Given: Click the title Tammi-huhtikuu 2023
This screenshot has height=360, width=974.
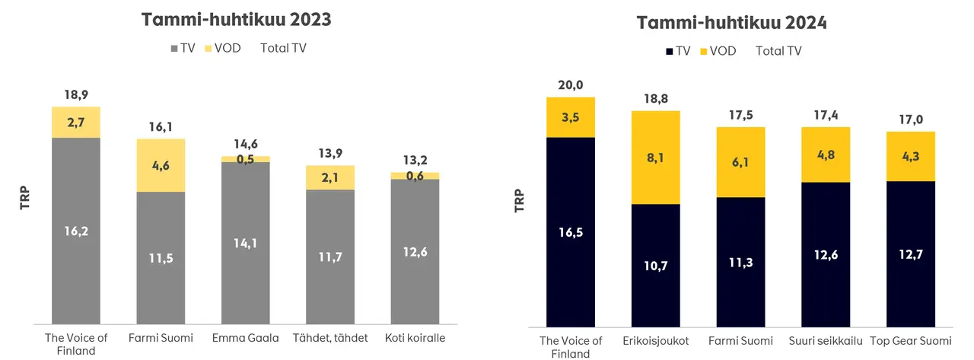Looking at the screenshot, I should tap(236, 20).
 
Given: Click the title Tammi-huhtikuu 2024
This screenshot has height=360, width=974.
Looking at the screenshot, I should tap(732, 23).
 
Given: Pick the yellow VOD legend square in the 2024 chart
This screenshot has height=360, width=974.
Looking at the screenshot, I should tap(704, 51).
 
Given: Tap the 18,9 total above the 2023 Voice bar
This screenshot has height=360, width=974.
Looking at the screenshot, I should tap(75, 94).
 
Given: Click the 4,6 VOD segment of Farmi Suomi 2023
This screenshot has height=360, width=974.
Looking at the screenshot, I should tap(161, 165).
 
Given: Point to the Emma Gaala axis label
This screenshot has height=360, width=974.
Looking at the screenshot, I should tap(246, 337).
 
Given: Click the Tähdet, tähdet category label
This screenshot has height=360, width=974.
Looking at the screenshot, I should tap(330, 337).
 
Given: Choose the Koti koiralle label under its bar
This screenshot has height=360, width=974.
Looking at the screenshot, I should tap(415, 337).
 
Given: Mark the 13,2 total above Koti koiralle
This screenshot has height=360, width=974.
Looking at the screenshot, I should tap(415, 160).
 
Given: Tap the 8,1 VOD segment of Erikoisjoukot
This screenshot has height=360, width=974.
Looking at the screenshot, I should tap(655, 158).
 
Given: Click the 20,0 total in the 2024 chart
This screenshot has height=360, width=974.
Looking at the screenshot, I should tap(571, 84).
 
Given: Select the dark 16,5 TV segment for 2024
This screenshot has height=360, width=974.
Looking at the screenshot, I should tap(571, 232).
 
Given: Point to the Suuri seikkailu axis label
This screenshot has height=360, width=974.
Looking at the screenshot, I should tap(826, 341).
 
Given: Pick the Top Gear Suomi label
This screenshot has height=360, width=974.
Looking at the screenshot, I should tap(910, 341).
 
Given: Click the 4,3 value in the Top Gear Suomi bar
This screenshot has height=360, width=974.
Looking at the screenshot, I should tap(910, 157).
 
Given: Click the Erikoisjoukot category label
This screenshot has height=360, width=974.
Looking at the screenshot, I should tap(655, 341).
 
